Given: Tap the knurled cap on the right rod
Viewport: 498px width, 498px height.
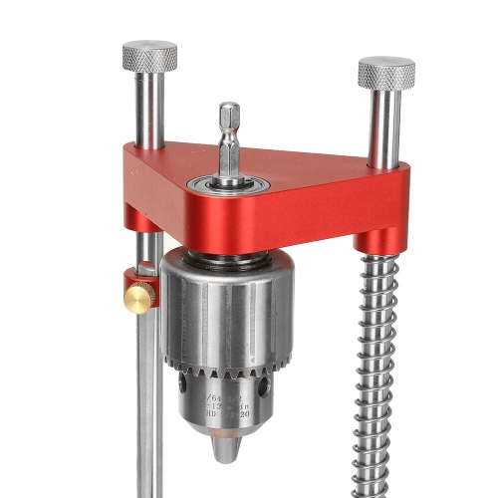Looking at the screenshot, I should pos(386,72).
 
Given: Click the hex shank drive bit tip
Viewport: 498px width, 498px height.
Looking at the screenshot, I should pos(230,115).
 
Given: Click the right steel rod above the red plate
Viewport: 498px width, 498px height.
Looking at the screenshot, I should pos(383,129).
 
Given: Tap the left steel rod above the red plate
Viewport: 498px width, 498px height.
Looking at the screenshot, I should pos(149,110).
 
